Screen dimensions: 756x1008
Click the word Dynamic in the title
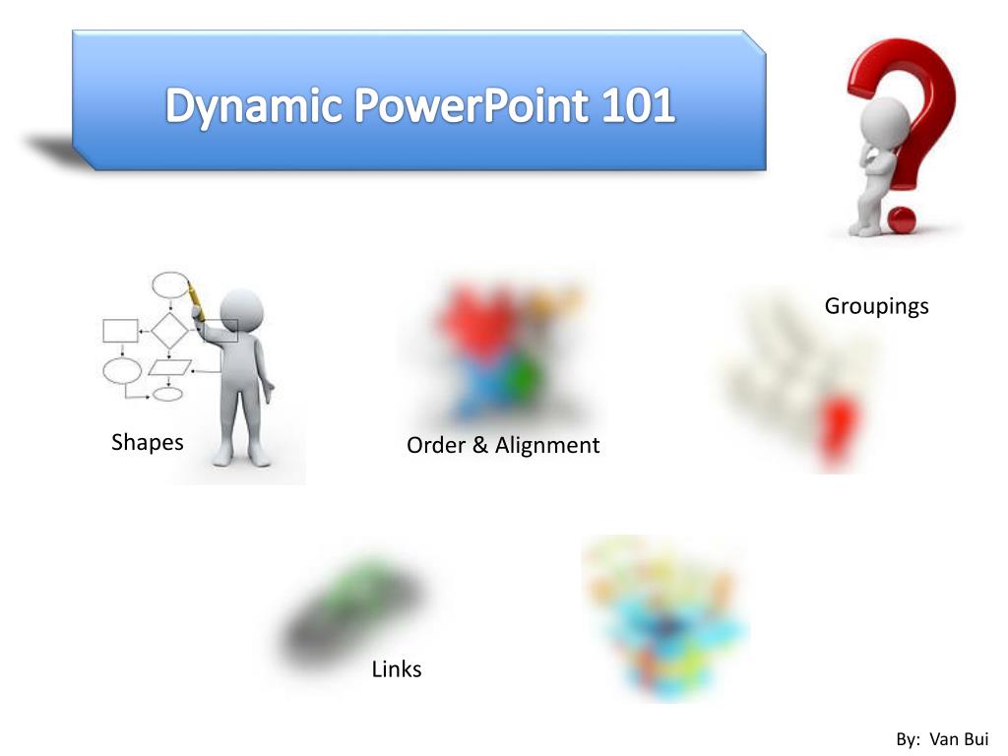[x=255, y=106]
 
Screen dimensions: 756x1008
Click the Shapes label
[x=148, y=442]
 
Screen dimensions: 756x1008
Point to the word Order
[x=434, y=445]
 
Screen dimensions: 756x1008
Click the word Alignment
[x=546, y=445]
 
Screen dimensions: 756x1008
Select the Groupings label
[x=876, y=306]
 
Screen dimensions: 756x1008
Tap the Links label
[x=397, y=669]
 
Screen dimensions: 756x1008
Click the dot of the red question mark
[x=901, y=218]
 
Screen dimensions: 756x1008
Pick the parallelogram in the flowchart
[x=169, y=367]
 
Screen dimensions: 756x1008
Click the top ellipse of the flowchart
[x=169, y=285]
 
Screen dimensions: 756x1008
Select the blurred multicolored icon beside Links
[x=665, y=616]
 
